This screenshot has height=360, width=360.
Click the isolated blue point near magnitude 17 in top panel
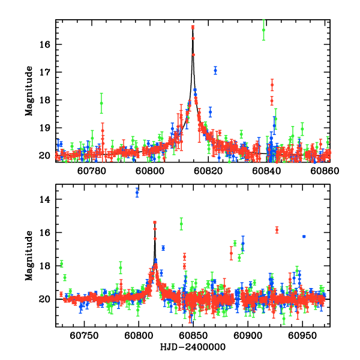(215, 70)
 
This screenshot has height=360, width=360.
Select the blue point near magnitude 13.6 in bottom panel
(137, 193)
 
